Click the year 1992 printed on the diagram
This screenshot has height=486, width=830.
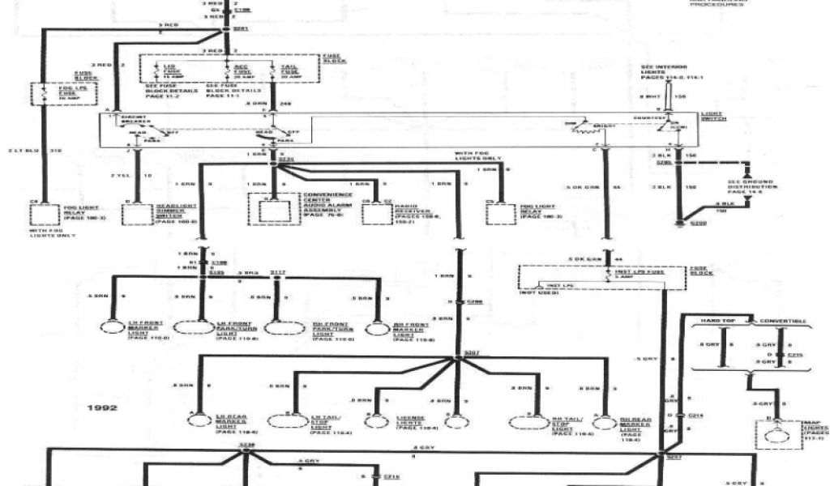pyautogui.click(x=103, y=407)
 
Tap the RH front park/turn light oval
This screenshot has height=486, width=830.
pyautogui.click(x=285, y=329)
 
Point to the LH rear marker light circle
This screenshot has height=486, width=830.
pyautogui.click(x=198, y=420)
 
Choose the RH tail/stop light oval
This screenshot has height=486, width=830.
pyautogui.click(x=529, y=422)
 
